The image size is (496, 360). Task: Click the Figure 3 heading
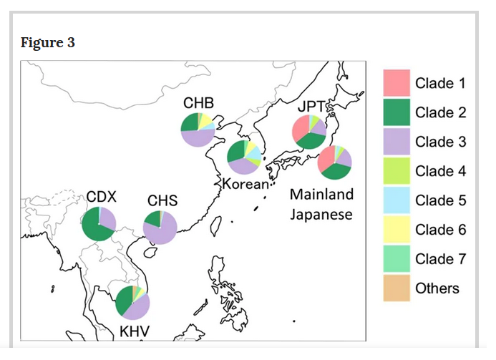coord(48,42)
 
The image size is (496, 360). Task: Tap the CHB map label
coord(199,103)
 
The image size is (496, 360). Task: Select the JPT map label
coord(311,107)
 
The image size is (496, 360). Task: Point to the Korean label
coord(245,184)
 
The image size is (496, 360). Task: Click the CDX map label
coord(101,197)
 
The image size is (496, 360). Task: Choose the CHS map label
coord(162,200)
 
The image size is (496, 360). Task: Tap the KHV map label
coord(135,331)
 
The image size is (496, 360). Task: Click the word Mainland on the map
coord(321,194)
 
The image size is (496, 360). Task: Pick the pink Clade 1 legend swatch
coord(397,83)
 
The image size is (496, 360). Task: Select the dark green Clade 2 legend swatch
coord(397,112)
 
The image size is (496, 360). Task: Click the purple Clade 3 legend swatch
coord(397,142)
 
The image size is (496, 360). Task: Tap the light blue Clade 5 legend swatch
coord(397,200)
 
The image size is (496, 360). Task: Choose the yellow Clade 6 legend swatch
coord(397,229)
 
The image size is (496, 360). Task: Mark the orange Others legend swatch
coord(397,288)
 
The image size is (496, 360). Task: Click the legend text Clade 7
coord(441,259)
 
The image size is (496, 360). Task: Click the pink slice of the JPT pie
coord(300,128)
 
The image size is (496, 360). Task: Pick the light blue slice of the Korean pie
coord(254,152)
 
